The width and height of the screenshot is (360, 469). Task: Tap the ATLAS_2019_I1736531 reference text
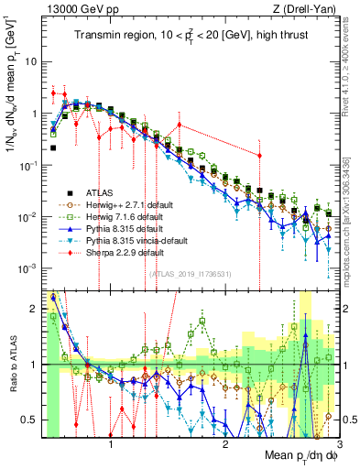click(190, 274)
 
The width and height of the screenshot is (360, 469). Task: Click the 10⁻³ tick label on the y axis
click(29, 267)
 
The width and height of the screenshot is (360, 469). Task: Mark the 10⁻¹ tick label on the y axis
click(29, 165)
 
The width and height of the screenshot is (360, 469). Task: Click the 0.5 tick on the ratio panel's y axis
click(30, 420)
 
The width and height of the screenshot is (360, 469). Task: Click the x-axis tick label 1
click(112, 442)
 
